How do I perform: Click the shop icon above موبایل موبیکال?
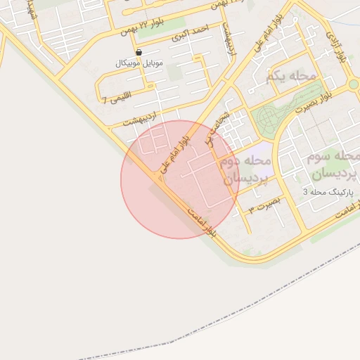click(139, 52)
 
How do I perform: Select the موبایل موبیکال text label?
click(139, 63)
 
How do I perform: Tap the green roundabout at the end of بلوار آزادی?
click(354, 85)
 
